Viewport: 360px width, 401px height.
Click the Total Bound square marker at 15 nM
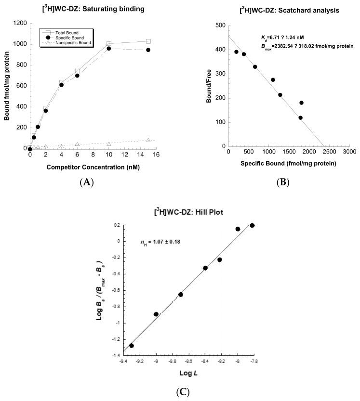tap(148, 41)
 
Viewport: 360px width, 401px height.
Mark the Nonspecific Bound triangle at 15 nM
tap(148, 140)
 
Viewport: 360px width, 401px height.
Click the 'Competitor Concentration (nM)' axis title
tap(91, 167)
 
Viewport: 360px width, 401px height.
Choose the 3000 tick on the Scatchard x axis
tap(349, 151)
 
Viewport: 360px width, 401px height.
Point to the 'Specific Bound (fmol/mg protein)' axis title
tap(288, 163)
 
